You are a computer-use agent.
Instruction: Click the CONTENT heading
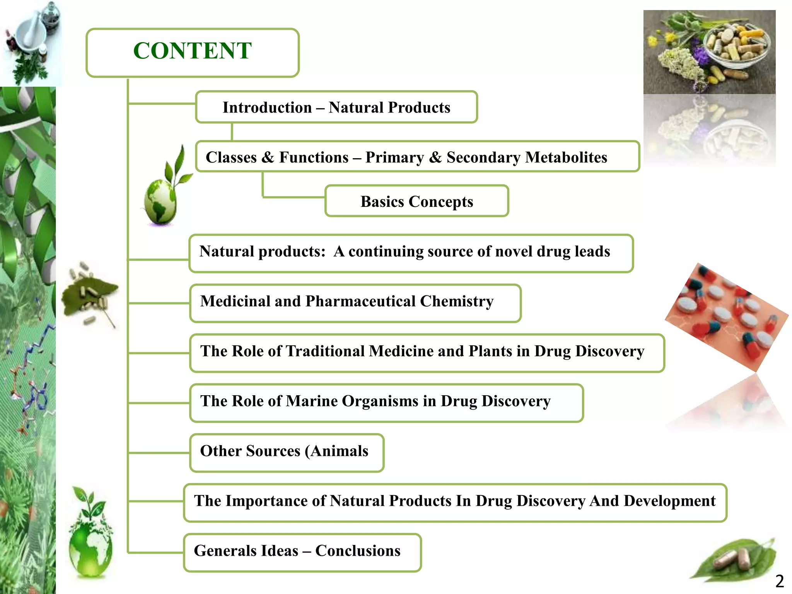coord(192,51)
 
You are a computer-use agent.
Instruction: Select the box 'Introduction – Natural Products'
coord(336,108)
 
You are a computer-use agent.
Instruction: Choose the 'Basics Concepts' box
coord(416,201)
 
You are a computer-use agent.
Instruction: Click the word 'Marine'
coord(311,401)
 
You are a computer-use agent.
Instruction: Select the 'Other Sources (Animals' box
coord(286,452)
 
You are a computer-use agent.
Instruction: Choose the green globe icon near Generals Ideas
coord(91,538)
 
